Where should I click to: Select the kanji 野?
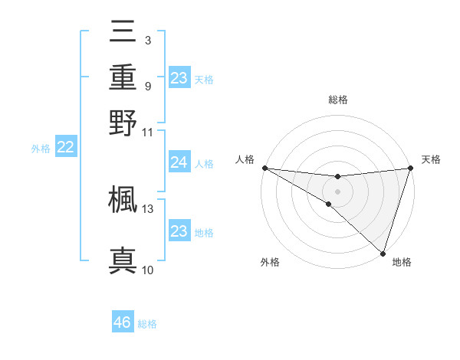[x=123, y=122]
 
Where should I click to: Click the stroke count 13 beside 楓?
[x=148, y=208]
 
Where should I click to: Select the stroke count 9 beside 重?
[x=148, y=86]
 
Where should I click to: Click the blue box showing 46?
[x=123, y=323]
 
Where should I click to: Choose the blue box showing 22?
[x=65, y=147]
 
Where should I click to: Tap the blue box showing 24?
[x=179, y=162]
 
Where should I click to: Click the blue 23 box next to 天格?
[x=179, y=78]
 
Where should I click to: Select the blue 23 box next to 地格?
[x=179, y=231]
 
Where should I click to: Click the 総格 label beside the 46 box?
[x=148, y=324]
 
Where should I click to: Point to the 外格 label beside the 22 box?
[x=41, y=148]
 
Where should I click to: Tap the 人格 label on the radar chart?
[x=246, y=159]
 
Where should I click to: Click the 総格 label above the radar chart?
[x=338, y=100]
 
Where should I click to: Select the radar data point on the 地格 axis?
[x=383, y=253]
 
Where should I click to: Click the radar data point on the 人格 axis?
[x=264, y=168]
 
